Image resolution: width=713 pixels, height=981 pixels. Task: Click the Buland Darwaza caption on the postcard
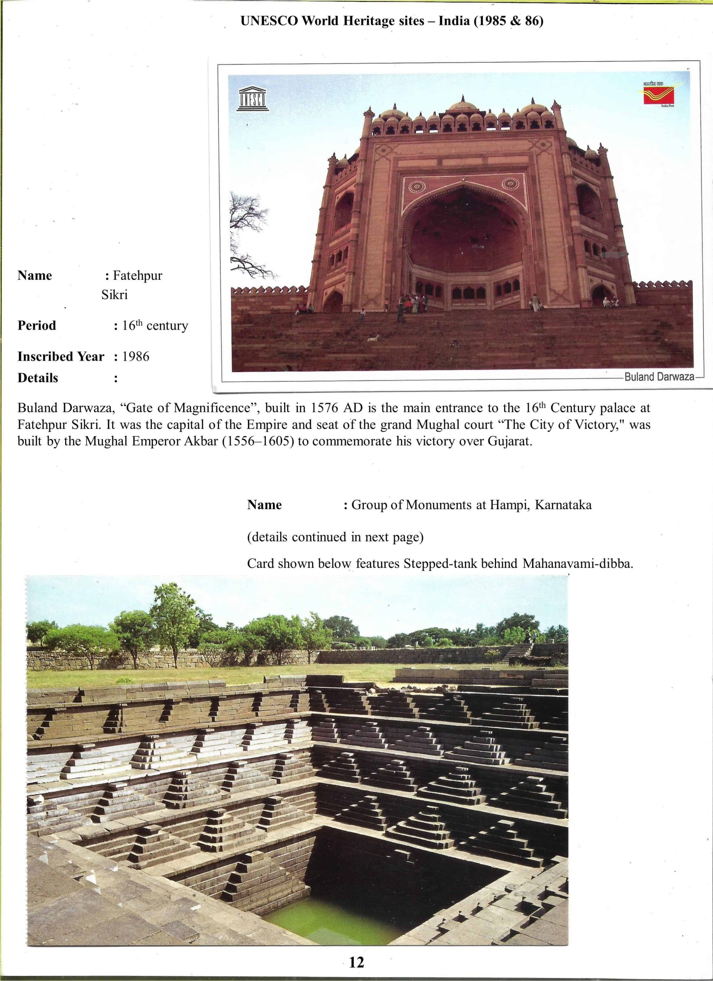click(x=659, y=377)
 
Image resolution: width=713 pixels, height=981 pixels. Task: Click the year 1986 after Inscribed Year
click(x=136, y=357)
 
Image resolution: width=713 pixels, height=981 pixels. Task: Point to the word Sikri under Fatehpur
click(x=115, y=295)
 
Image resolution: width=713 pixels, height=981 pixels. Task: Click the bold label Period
click(x=37, y=326)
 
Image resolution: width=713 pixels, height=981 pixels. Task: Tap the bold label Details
click(x=38, y=378)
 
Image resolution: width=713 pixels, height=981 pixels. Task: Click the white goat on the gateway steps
click(x=373, y=338)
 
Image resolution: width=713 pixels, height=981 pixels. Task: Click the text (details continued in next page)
click(x=335, y=537)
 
